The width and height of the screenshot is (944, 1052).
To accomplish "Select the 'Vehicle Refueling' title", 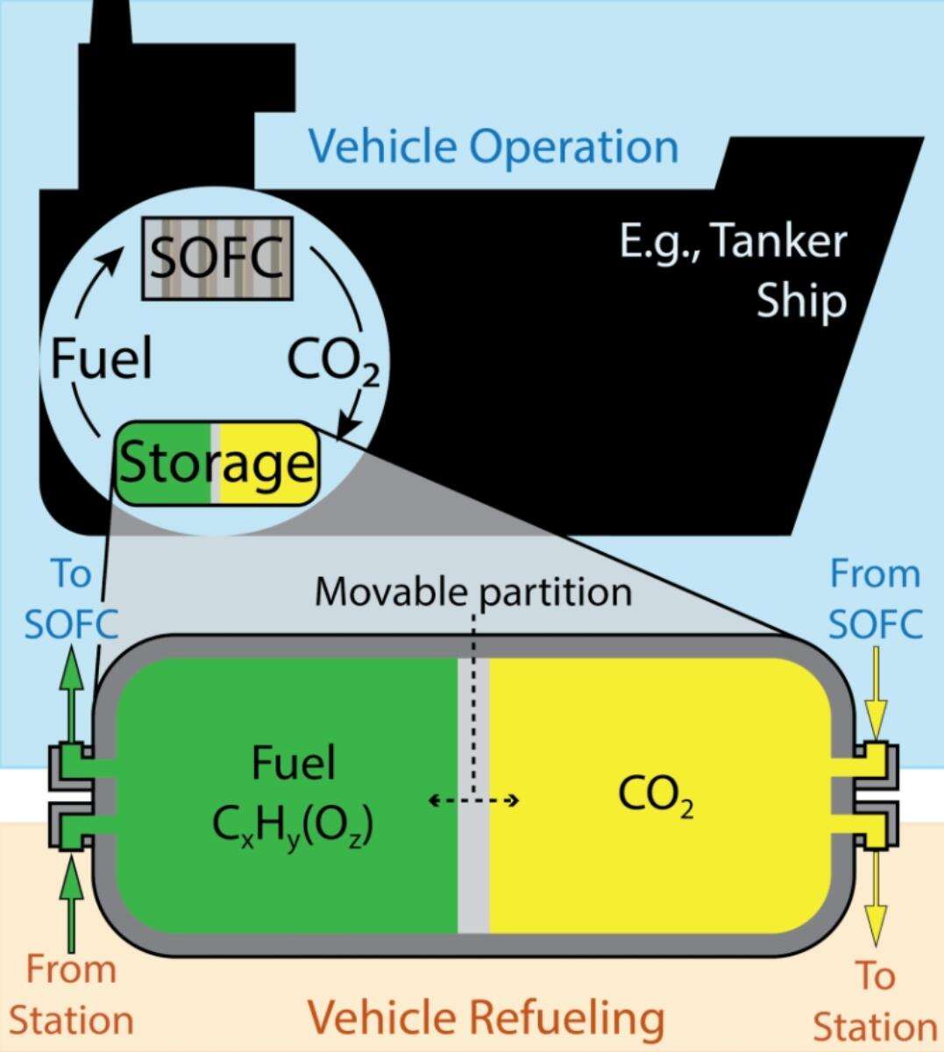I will coord(485,1019).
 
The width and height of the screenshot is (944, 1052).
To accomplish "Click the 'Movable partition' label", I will coord(473,592).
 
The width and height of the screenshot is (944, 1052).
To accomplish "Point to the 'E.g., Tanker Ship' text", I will coord(733,271).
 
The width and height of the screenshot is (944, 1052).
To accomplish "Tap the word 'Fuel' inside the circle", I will coord(102,359).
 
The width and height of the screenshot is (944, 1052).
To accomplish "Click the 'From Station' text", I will coord(70,996).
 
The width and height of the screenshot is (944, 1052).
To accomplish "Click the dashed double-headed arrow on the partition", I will coord(473,800).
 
